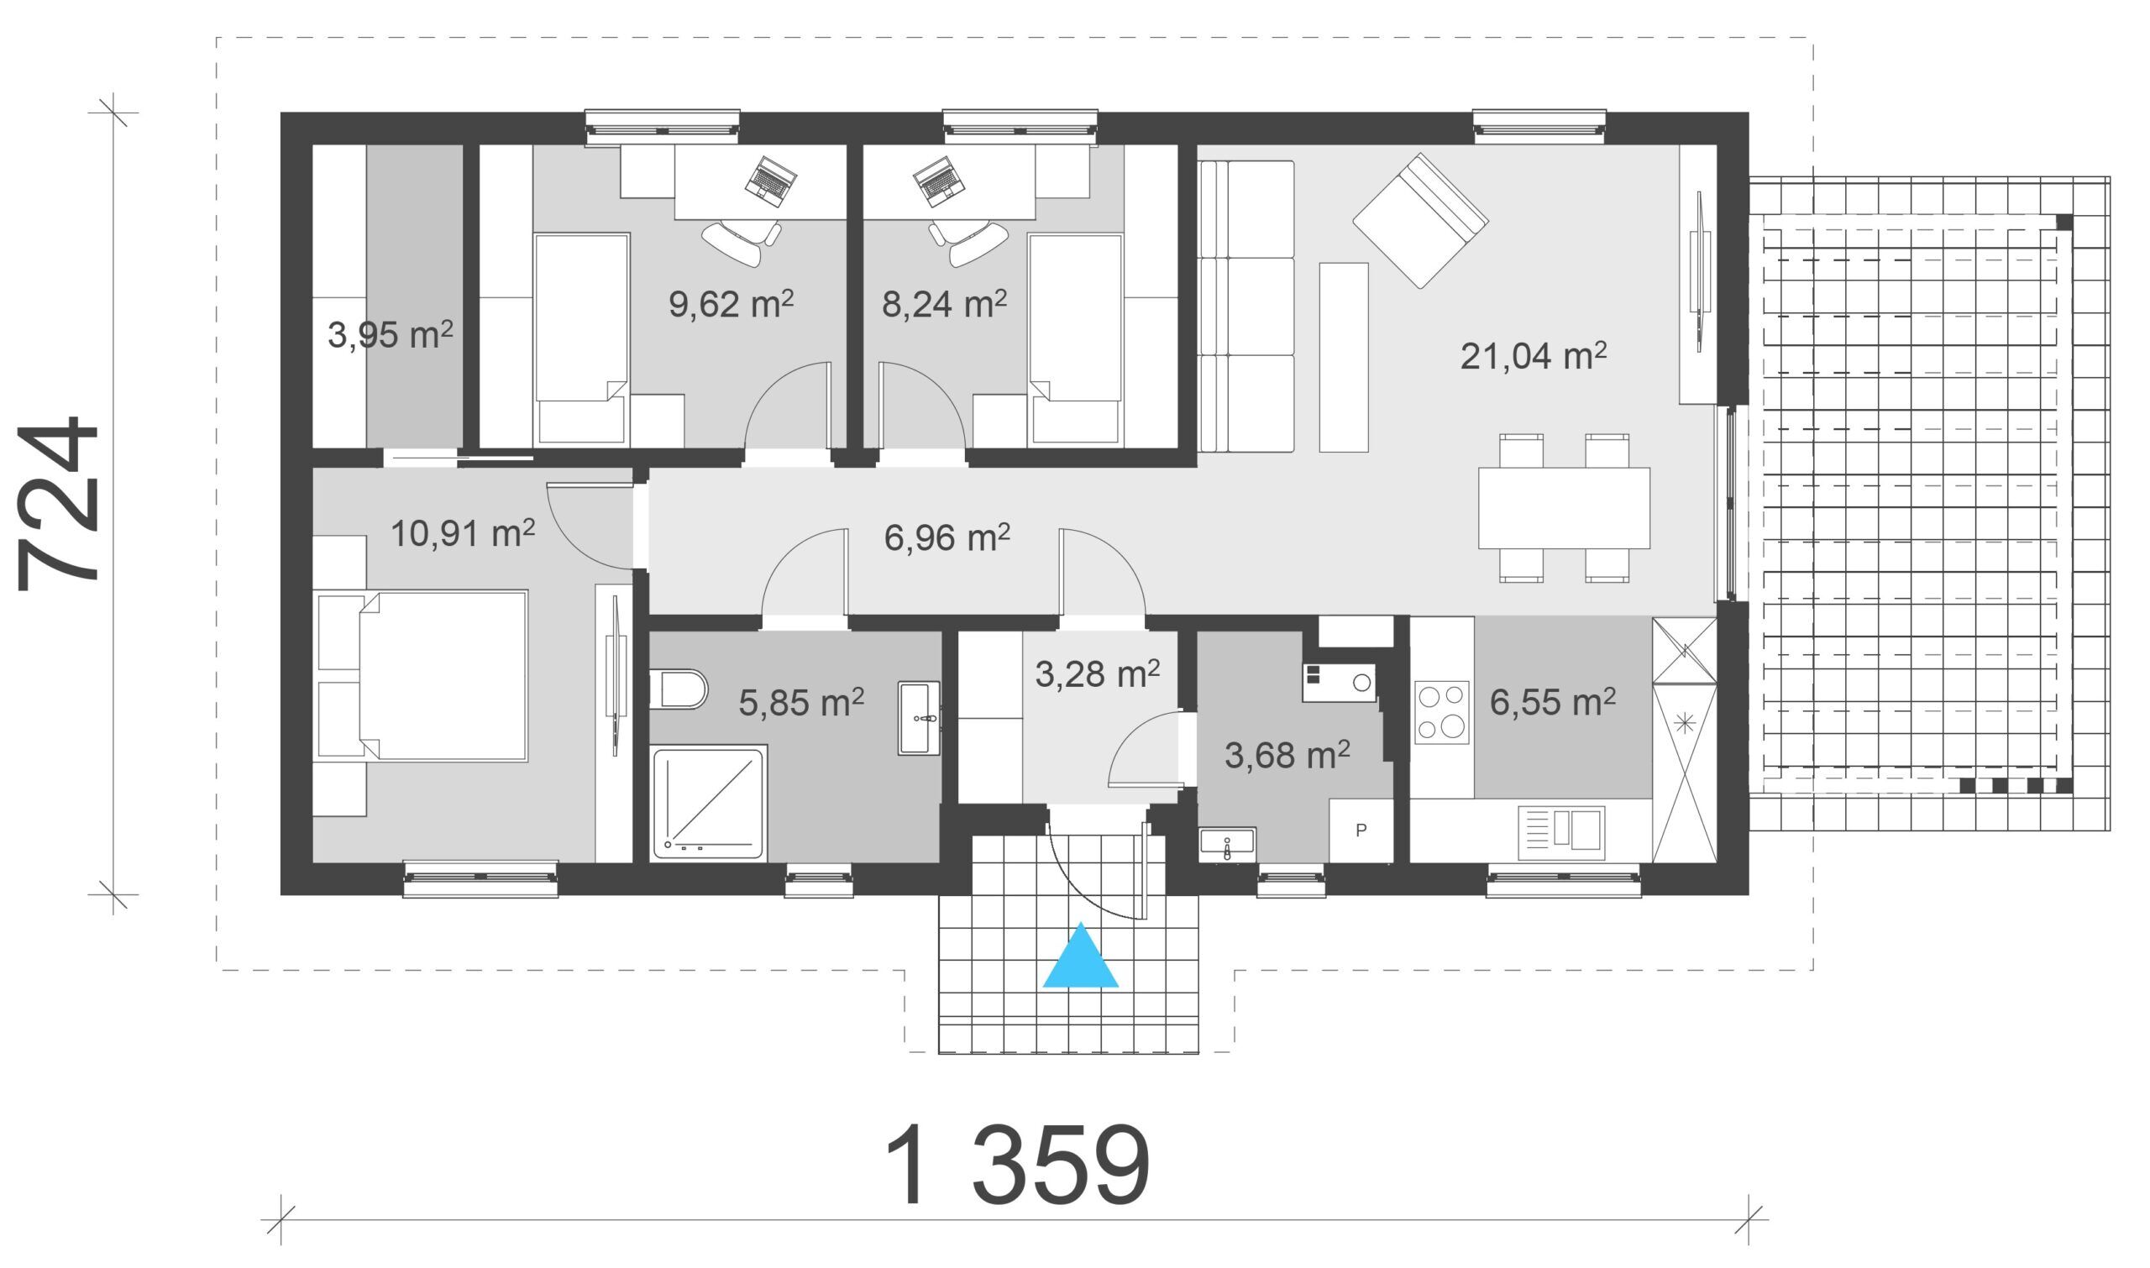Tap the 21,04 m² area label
tap(1533, 355)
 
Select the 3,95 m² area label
tap(390, 335)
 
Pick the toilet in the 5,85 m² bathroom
tap(679, 689)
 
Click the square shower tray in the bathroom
tap(708, 803)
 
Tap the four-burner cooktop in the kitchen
tap(1442, 710)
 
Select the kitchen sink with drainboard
tap(1561, 832)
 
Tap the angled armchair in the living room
tap(1420, 221)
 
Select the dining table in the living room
tap(1564, 507)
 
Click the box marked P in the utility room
tap(1361, 830)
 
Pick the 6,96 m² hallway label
tap(947, 537)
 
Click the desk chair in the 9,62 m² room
tap(741, 241)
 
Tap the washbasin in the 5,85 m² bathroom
tap(919, 718)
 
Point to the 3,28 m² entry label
tap(1097, 673)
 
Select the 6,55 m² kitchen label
tap(1553, 702)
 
